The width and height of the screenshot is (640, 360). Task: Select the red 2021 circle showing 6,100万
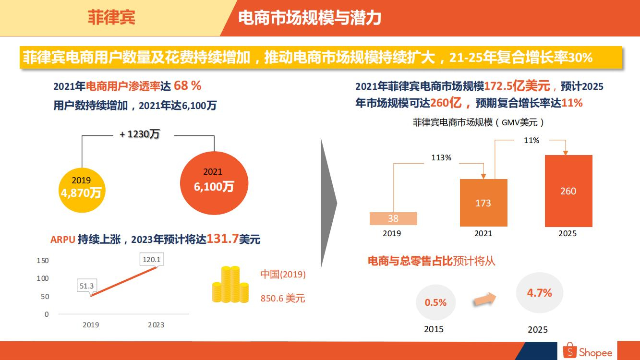tap(214, 181)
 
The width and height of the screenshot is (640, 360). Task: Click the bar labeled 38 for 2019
tap(393, 218)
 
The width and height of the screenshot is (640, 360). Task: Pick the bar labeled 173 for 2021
tap(483, 203)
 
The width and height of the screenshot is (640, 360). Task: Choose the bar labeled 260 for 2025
tap(568, 191)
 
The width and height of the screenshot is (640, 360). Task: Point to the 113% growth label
tap(441, 157)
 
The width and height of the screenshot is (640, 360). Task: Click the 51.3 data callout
tap(87, 286)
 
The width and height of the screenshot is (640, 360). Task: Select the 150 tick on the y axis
tap(43, 261)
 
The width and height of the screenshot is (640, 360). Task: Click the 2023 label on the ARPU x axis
tap(156, 325)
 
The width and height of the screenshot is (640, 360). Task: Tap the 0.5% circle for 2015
tap(435, 302)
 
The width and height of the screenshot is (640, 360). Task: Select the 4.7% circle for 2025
tap(539, 293)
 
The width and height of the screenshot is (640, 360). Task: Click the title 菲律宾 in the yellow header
tap(111, 18)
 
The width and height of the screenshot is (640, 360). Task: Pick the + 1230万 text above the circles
tap(140, 134)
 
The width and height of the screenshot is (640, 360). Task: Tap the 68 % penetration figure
tap(188, 86)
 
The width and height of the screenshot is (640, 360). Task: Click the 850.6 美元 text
tap(283, 299)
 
